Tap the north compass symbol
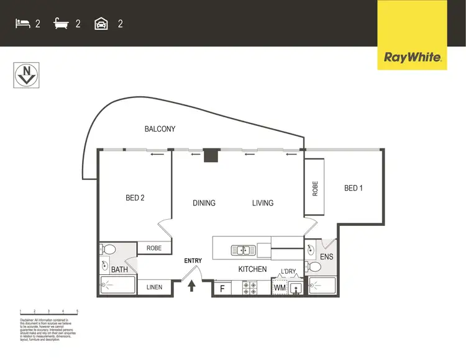point(25,75)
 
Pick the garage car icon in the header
point(101,24)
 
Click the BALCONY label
point(160,129)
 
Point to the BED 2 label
point(135,198)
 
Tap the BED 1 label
point(354,188)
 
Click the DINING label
point(204,203)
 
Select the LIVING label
point(262,203)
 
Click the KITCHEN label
point(252,269)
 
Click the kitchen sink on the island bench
point(242,251)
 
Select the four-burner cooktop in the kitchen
point(250,288)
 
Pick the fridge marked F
point(222,289)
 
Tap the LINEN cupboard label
point(154,287)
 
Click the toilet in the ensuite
point(314,267)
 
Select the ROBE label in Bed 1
point(315,188)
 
